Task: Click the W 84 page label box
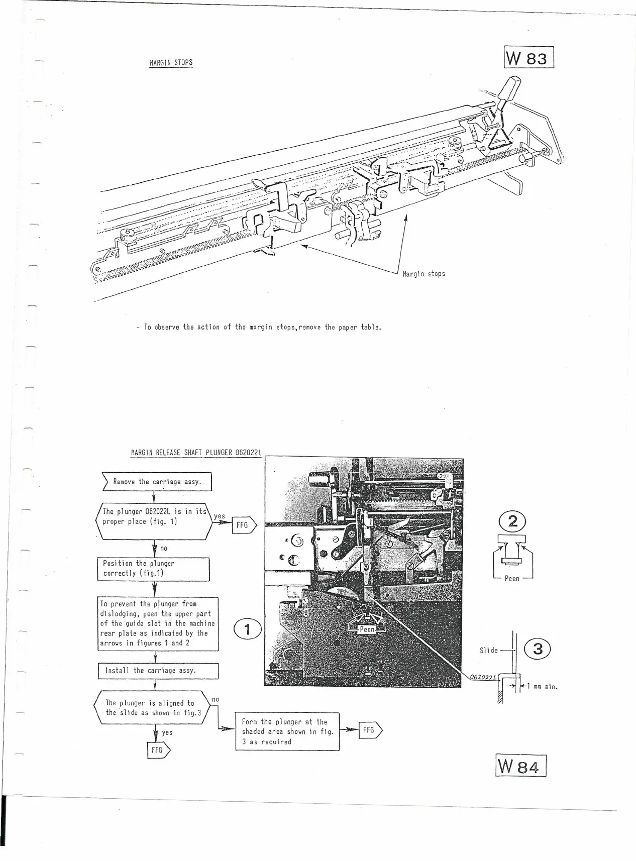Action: [x=520, y=766]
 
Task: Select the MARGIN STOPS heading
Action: [x=171, y=63]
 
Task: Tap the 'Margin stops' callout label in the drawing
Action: [x=423, y=274]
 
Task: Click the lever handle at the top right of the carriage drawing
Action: [x=508, y=89]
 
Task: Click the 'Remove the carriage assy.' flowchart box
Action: [x=157, y=482]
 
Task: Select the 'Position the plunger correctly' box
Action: [x=153, y=569]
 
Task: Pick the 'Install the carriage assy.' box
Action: [x=158, y=671]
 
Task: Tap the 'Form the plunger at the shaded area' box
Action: [x=287, y=731]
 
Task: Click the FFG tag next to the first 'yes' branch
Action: [x=243, y=525]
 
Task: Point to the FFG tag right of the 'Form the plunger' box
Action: [x=369, y=730]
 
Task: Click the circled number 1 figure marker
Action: [x=247, y=629]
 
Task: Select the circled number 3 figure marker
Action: [x=538, y=649]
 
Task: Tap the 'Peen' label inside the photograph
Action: [x=367, y=629]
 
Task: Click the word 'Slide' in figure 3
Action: [x=488, y=651]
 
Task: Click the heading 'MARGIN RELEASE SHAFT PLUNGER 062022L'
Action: [x=196, y=452]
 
